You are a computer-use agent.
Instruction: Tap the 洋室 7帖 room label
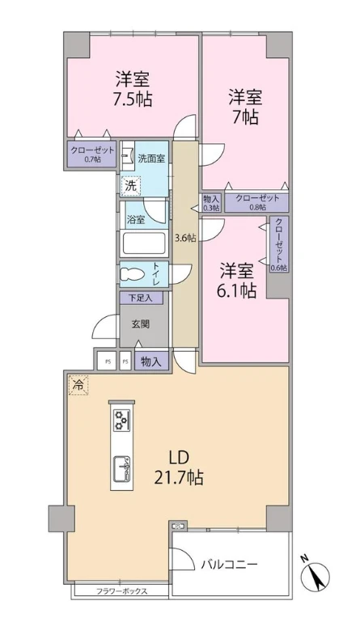pos(244,107)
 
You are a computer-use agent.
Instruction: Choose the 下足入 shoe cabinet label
pos(142,298)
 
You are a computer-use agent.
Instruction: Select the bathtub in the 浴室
pos(143,243)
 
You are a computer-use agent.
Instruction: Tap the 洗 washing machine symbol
pos(131,185)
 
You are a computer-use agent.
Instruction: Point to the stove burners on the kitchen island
pos(121,420)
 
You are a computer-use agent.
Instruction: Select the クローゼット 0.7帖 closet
pos(92,153)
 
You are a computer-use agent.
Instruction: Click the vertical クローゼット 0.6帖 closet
pos(279,243)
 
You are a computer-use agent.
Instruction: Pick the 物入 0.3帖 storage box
pos(210,202)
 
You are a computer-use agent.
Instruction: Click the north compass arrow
pos(318,575)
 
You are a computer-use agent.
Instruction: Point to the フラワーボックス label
pos(121,590)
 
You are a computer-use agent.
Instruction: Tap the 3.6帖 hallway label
pos(185,238)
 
